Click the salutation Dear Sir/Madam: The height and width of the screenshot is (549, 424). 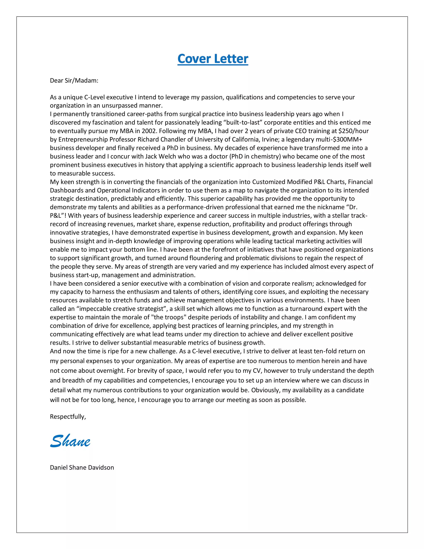(74, 81)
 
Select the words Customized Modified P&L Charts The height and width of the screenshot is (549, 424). (299, 182)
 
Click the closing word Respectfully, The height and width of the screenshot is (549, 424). (68, 417)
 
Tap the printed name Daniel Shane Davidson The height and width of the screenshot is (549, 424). (82, 468)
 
